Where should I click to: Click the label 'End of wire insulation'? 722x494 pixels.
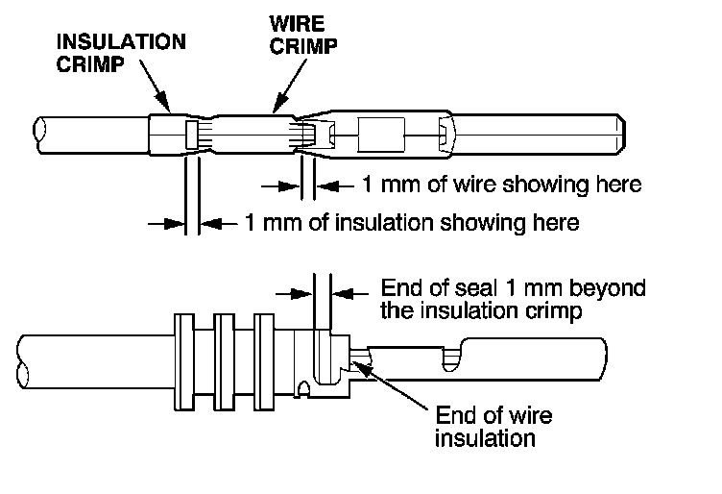tap(493, 428)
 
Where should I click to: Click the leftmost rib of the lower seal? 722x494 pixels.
tap(181, 358)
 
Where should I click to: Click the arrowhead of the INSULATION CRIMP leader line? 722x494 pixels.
tap(169, 109)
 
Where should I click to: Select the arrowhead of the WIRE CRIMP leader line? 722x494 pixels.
tap(275, 108)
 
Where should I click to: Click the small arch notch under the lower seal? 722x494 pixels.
tap(303, 390)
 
